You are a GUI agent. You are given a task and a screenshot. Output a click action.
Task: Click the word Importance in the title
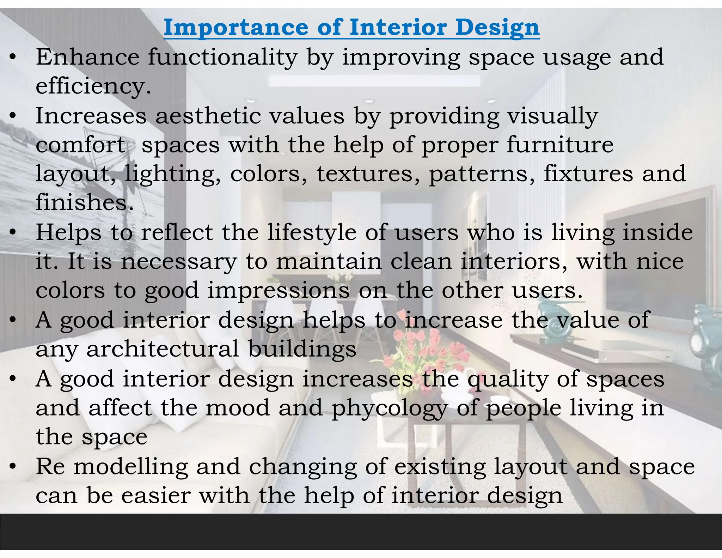(x=236, y=27)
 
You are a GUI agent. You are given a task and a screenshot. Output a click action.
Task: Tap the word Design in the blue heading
(x=497, y=27)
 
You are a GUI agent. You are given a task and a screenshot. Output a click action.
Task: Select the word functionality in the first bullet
(x=222, y=57)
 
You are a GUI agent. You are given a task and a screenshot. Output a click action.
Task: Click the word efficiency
(x=93, y=86)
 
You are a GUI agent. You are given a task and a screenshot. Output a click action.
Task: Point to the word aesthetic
(x=208, y=116)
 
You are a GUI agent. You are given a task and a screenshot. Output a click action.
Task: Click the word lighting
(x=173, y=174)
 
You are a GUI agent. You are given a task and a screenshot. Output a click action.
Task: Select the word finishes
(x=85, y=202)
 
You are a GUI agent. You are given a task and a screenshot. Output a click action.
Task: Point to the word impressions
(x=279, y=291)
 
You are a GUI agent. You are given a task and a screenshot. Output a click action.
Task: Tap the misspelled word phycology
(x=389, y=408)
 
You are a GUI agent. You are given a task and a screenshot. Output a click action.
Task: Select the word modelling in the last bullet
(x=131, y=467)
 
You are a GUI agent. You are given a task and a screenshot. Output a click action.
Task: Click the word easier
(x=155, y=496)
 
